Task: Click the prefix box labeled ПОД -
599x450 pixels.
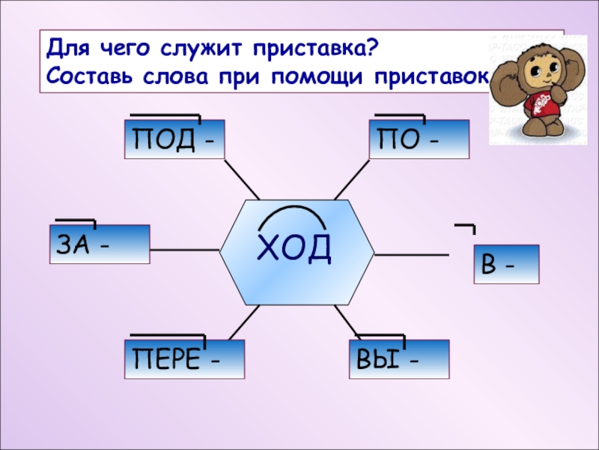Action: click(174, 139)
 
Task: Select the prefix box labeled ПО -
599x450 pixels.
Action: click(419, 139)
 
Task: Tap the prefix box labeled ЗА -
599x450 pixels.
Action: click(100, 244)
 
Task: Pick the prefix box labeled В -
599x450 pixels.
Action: click(506, 264)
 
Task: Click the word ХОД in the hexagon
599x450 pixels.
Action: click(294, 247)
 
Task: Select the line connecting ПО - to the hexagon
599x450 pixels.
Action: click(352, 179)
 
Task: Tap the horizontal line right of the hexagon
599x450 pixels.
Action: click(411, 255)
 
